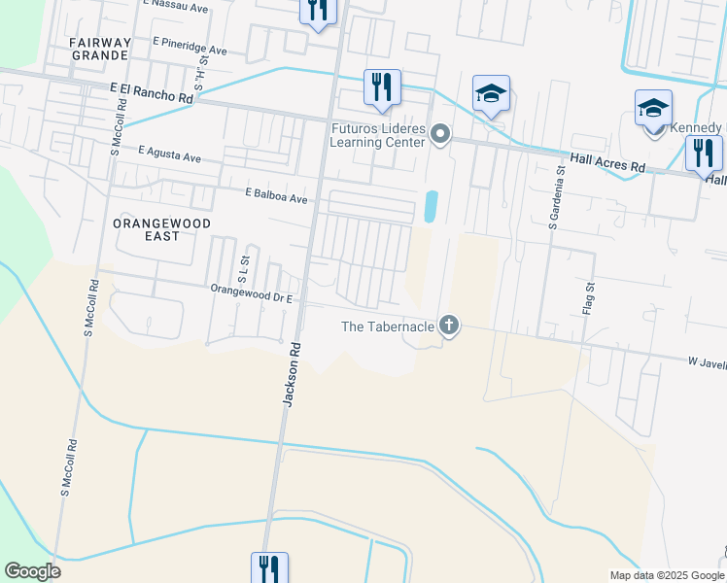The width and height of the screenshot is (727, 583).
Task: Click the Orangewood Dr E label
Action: (252, 289)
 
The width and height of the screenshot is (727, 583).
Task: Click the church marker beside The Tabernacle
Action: (448, 326)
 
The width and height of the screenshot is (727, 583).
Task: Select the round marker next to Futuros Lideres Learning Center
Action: (440, 134)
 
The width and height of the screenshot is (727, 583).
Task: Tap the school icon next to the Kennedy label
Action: (653, 108)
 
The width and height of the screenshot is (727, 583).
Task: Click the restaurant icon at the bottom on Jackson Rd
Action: (269, 567)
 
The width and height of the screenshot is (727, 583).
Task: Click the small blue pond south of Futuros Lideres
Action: (430, 205)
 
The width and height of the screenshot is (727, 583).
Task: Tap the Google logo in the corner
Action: (32, 571)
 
